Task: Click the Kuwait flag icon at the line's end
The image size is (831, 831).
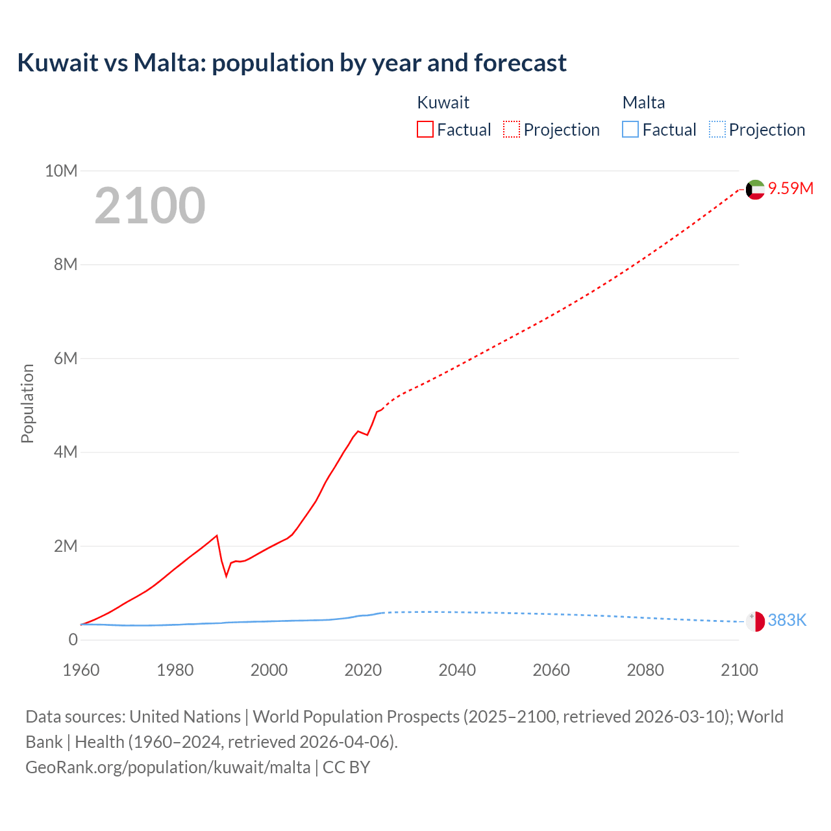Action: point(755,190)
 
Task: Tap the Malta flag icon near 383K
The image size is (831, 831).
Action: point(755,621)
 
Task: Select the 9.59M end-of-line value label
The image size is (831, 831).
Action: point(790,188)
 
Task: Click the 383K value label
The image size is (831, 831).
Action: point(786,620)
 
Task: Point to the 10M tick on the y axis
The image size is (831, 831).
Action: point(61,171)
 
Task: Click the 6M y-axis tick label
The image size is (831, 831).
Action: point(65,358)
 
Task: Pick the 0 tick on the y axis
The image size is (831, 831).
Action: point(73,639)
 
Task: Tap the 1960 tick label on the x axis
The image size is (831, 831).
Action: point(81,670)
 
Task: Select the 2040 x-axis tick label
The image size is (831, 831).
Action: point(457,670)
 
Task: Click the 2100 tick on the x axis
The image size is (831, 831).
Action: point(739,670)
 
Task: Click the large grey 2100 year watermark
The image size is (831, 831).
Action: point(150,206)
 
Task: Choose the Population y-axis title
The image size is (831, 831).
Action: point(27,403)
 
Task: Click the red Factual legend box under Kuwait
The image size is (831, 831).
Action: point(425,129)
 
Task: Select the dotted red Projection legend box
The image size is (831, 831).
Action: point(512,129)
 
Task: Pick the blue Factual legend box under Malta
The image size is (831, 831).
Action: point(630,129)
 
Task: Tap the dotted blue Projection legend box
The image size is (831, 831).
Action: point(717,129)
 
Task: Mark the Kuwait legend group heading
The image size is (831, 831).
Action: point(443,103)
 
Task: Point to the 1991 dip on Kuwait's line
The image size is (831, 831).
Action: point(227,575)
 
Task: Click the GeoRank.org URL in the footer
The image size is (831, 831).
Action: point(167,767)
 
